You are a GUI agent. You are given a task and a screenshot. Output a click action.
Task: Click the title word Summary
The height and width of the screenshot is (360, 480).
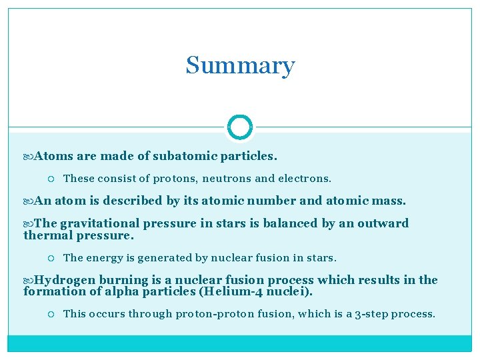tap(240, 65)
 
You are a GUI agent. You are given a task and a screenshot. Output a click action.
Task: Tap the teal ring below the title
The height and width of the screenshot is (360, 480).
tap(240, 127)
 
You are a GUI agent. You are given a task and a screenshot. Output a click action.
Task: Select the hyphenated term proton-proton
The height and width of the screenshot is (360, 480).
tap(213, 313)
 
